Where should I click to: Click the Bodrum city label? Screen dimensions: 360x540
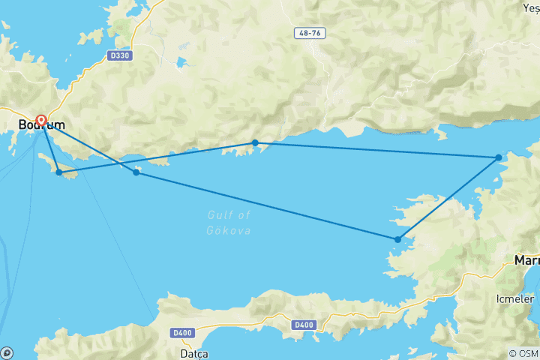pos(41,124)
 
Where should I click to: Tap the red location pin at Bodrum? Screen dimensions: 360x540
pos(41,120)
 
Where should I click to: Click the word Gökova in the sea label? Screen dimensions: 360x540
pos(229,230)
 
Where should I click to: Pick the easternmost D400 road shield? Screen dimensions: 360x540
pos(303,325)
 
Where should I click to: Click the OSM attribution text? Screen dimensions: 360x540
pos(523,353)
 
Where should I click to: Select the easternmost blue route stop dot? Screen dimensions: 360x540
pos(499,157)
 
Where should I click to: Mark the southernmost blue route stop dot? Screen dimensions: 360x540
pos(397,240)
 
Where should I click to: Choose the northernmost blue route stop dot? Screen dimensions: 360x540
pos(255,142)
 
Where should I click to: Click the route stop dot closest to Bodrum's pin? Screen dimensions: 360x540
pos(59,172)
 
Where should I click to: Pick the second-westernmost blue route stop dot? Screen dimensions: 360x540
pos(136,172)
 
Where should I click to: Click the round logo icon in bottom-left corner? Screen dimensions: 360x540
pos(7,352)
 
